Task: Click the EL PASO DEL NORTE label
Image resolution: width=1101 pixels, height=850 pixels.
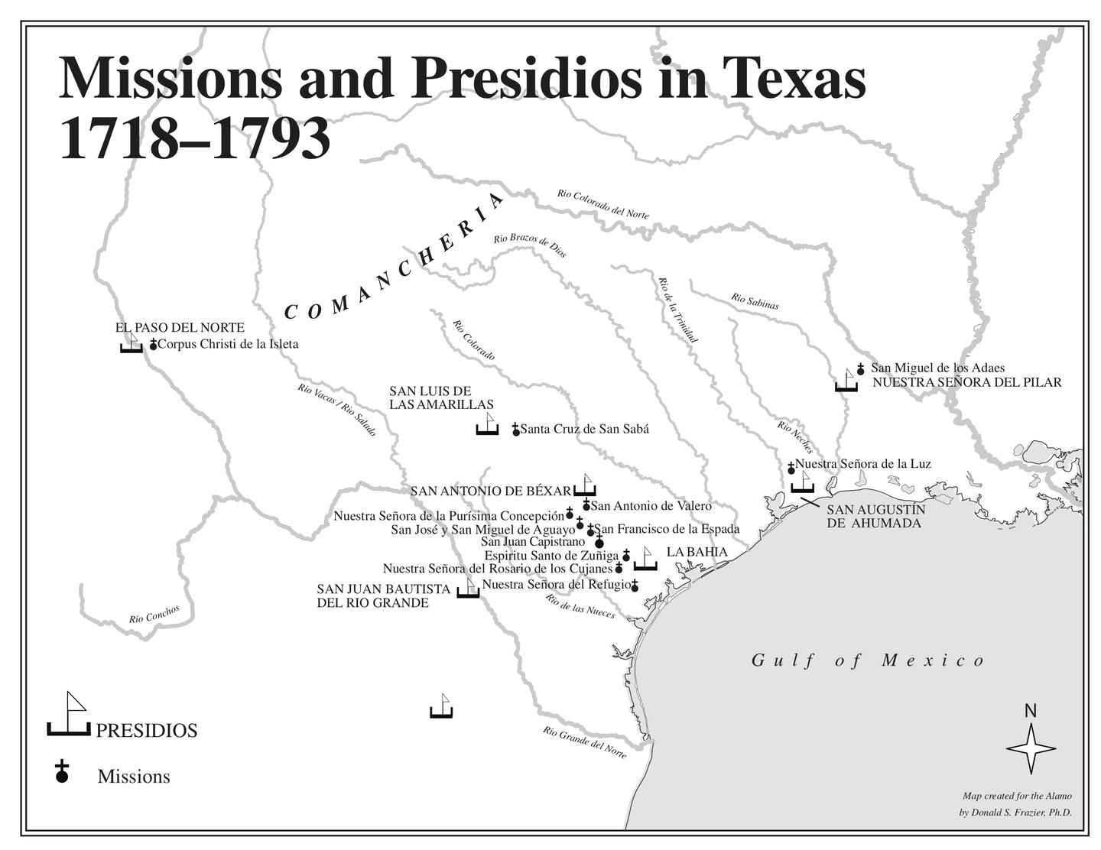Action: tap(180, 327)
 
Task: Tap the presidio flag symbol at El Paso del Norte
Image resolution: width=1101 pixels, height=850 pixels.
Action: tap(132, 343)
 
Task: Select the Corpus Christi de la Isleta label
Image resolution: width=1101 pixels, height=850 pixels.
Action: tap(228, 344)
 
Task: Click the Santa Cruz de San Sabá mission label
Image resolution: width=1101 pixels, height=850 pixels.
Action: tap(584, 429)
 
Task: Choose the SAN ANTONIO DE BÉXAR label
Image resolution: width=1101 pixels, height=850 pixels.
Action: tap(490, 491)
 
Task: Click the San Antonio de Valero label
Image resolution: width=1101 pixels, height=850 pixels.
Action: tap(651, 505)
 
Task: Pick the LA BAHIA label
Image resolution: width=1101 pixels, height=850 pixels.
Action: tap(697, 552)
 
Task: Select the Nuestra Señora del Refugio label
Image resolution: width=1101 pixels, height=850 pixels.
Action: tap(557, 585)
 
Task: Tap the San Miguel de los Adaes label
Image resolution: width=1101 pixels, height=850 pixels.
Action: tap(937, 368)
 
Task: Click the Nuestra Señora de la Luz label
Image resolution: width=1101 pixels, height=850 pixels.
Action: tap(862, 463)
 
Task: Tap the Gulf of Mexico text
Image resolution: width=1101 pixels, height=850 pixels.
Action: tap(868, 660)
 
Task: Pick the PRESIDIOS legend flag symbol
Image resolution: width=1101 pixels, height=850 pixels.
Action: tap(69, 715)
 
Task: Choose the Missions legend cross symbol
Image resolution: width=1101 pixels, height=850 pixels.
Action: tap(62, 772)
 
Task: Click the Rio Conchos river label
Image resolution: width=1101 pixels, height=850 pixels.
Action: tap(154, 615)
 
